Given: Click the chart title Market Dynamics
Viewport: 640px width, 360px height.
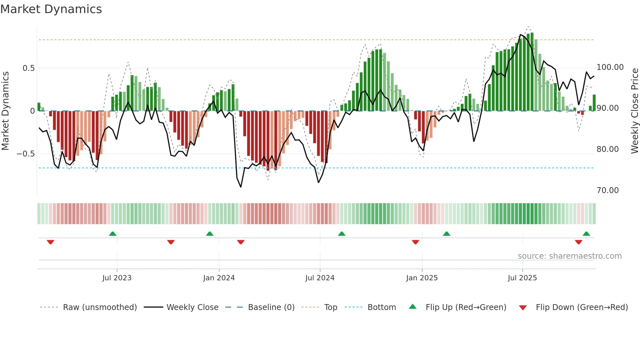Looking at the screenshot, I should tap(51, 9).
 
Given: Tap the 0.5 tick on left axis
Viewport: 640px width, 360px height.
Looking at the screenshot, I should tap(28, 68).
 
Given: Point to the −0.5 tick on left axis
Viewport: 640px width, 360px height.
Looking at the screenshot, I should tap(25, 154).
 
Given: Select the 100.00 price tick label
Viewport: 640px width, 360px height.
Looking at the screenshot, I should tap(610, 67).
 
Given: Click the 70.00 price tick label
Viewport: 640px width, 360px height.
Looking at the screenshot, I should tap(607, 190).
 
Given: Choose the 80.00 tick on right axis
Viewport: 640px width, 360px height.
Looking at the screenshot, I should tap(607, 149).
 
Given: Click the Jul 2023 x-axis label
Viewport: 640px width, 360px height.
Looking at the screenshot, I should tap(117, 278).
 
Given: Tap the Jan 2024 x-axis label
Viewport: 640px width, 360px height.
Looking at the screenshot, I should tap(219, 278).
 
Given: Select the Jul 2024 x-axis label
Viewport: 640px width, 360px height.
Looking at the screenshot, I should tap(320, 278).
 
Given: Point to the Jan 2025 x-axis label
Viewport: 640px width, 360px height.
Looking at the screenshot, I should tap(422, 278).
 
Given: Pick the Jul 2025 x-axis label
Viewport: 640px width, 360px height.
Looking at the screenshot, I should tap(522, 278).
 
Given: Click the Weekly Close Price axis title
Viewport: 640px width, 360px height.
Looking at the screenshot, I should tap(634, 111).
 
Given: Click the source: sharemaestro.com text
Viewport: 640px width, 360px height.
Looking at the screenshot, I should tap(569, 256).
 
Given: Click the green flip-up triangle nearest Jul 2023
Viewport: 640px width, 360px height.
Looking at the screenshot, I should tap(113, 234).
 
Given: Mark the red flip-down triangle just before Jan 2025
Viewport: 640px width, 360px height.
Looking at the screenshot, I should tap(415, 242).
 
